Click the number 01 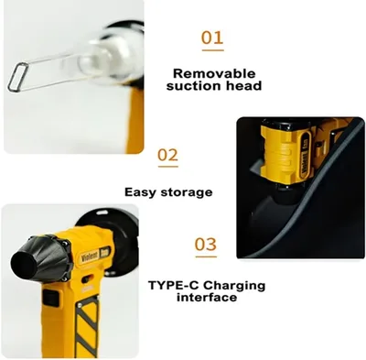[x=212, y=38]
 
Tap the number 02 [x=167, y=155]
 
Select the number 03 [x=206, y=245]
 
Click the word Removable [x=214, y=73]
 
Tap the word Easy [x=140, y=192]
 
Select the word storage [x=187, y=192]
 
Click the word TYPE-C [x=174, y=286]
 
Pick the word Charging [x=234, y=286]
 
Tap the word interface [x=207, y=297]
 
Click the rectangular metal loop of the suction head [x=18, y=77]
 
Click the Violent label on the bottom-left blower [x=91, y=256]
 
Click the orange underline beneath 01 [x=212, y=50]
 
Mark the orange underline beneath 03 [x=206, y=256]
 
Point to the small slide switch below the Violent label [x=88, y=278]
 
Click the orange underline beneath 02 [x=168, y=167]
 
